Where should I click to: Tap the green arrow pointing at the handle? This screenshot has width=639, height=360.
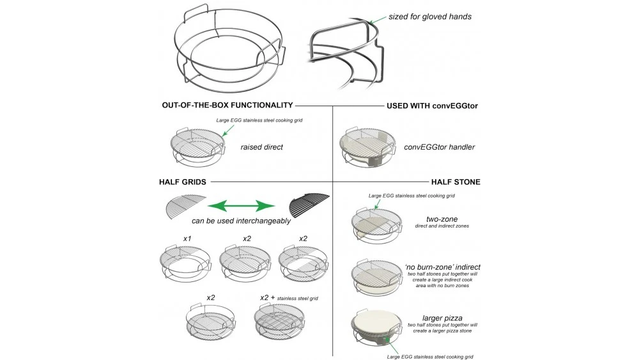(380, 19)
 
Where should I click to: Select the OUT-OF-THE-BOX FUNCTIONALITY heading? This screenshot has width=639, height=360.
(227, 105)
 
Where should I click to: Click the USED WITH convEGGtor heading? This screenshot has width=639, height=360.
(433, 105)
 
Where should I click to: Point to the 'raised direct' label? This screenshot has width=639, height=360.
(261, 146)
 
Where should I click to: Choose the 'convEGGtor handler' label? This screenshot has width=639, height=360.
(439, 146)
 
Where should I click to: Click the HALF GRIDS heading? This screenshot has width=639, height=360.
(182, 182)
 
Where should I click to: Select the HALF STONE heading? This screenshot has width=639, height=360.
(456, 182)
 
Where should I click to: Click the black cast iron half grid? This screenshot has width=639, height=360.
(309, 205)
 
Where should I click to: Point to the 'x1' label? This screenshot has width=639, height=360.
(187, 239)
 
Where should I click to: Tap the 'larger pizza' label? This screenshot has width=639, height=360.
(442, 317)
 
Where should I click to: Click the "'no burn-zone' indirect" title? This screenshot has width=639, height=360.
(442, 267)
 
